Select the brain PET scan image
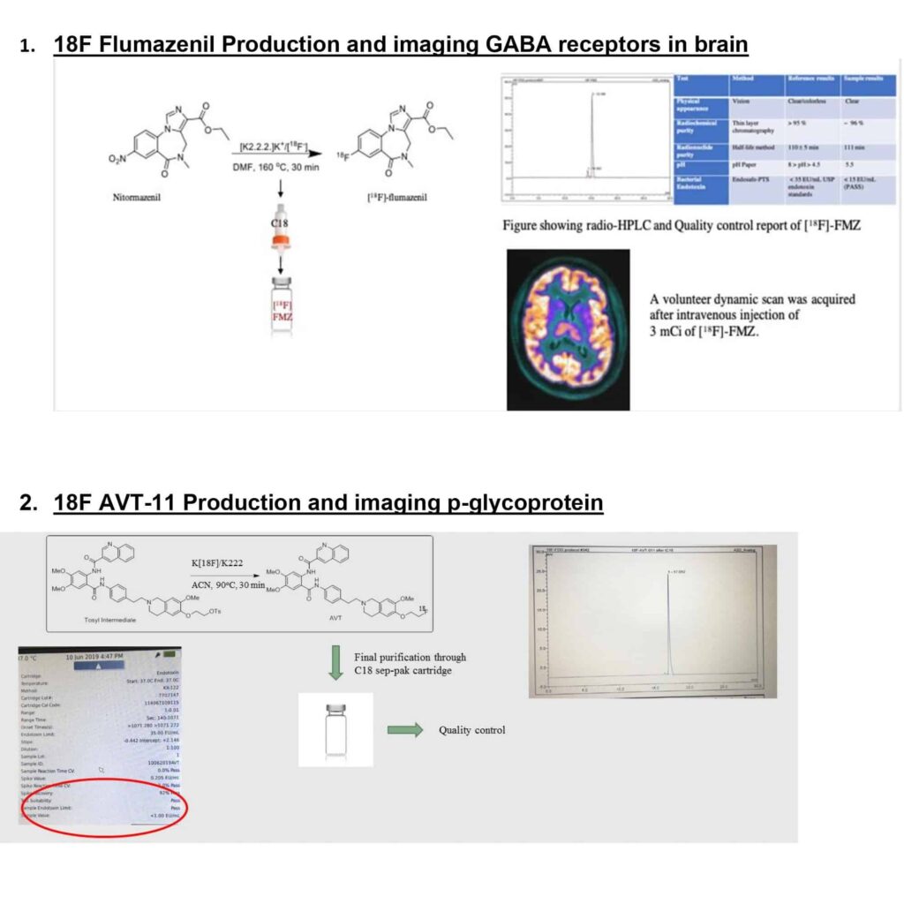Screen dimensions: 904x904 point(568,328)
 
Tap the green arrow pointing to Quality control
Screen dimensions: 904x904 point(403,730)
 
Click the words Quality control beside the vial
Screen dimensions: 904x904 point(471,730)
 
